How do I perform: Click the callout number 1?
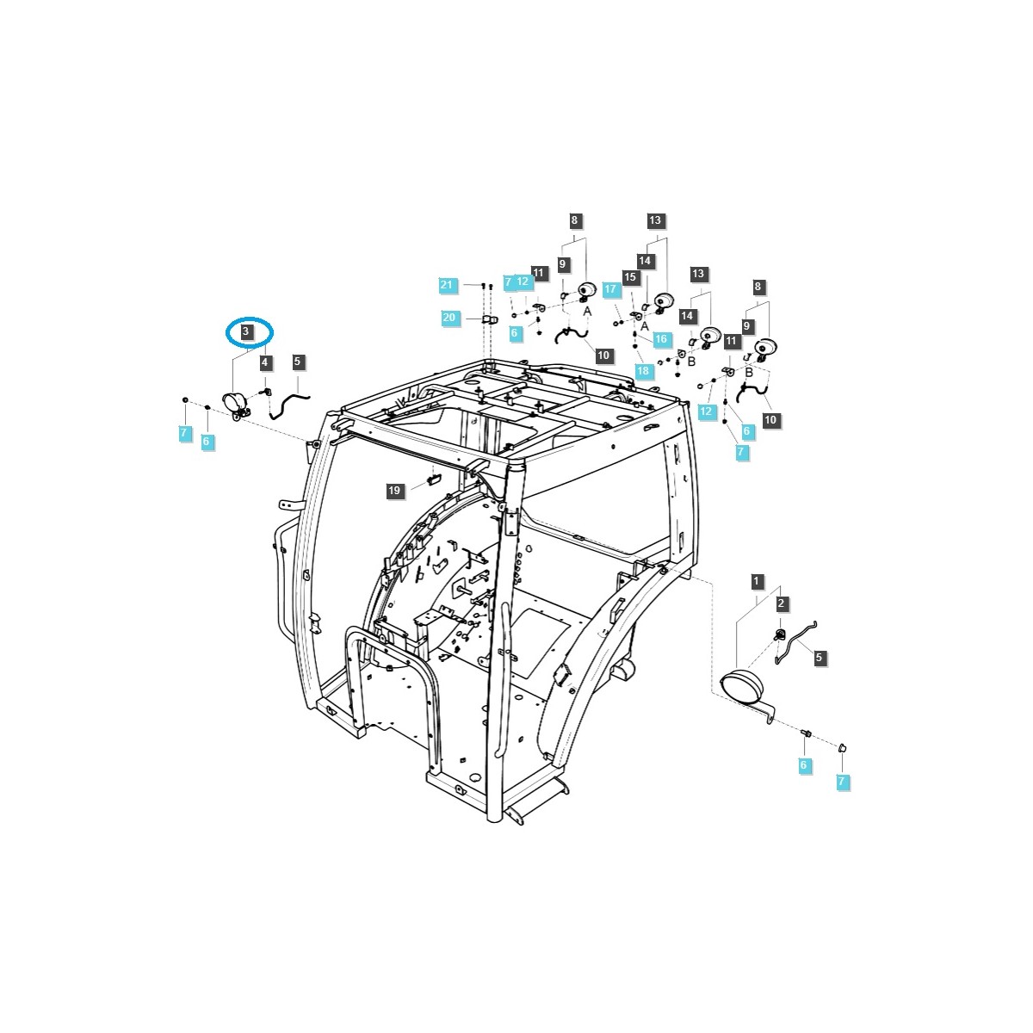[757, 581]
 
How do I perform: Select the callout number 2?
[781, 603]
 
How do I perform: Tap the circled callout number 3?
[246, 331]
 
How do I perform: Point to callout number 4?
[264, 362]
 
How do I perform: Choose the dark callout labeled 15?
[630, 276]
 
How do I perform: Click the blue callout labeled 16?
[661, 339]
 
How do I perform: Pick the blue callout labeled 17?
[610, 289]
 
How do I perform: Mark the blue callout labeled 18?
[643, 370]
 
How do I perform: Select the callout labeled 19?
[394, 490]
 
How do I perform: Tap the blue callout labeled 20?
[448, 318]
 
